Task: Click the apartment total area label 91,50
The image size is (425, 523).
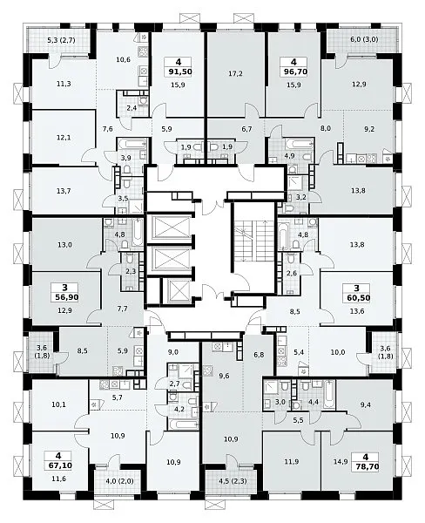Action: (179, 71)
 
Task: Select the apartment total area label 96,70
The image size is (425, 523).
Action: (294, 71)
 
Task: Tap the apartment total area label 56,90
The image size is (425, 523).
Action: (64, 297)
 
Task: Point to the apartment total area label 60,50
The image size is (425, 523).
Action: (357, 297)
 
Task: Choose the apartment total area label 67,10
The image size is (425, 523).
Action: (58, 465)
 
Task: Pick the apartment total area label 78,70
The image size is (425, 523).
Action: (367, 466)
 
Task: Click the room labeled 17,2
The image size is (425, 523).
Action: (236, 73)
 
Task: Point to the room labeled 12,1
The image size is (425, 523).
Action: (64, 138)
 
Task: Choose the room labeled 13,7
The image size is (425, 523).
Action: (64, 191)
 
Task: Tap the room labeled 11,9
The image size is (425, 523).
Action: (292, 462)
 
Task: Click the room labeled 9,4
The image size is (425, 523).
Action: (365, 405)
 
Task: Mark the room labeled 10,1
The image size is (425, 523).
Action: (58, 405)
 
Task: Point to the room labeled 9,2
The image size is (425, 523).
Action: (368, 129)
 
